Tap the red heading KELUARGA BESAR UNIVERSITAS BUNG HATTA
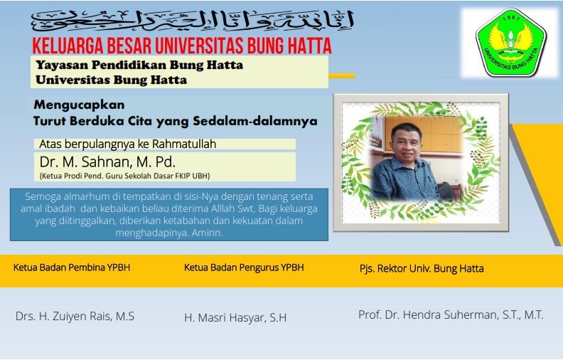[x=182, y=47]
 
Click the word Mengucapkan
[x=79, y=105]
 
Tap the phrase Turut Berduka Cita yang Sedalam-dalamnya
[x=175, y=121]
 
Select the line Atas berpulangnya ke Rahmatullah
[x=128, y=144]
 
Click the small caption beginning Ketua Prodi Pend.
[x=125, y=175]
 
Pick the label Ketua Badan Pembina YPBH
[x=72, y=268]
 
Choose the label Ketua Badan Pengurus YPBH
[x=244, y=268]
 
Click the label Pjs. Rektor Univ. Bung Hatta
[x=422, y=268]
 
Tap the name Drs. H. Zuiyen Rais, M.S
[x=75, y=316]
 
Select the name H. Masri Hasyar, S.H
[x=235, y=317]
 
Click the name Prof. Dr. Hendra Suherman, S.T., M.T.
[x=451, y=314]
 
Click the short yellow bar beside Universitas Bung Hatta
[x=342, y=75]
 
